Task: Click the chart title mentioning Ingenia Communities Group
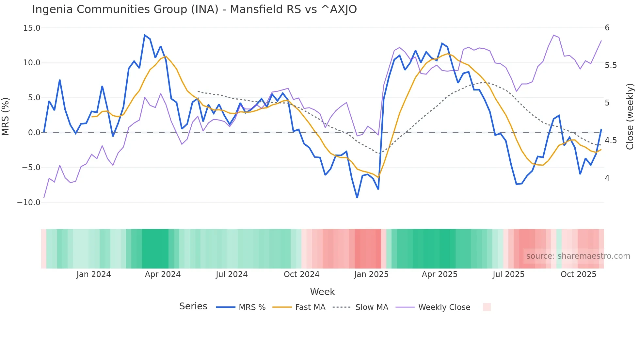tap(194, 9)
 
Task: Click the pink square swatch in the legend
tap(487, 307)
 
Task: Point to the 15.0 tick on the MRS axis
tap(32, 28)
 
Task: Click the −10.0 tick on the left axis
tap(29, 203)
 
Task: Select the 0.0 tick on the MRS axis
tap(34, 133)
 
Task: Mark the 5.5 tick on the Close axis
tap(611, 65)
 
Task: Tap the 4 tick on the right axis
tap(607, 178)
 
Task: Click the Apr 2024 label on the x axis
tap(163, 274)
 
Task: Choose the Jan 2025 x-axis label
tap(371, 274)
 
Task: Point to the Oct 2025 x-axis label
tap(578, 274)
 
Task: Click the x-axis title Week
tap(322, 292)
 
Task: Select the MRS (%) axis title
tap(6, 116)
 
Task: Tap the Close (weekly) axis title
tap(630, 116)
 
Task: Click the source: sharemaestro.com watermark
tap(578, 256)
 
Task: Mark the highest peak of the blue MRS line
tap(145, 35)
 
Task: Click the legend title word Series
tap(193, 306)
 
